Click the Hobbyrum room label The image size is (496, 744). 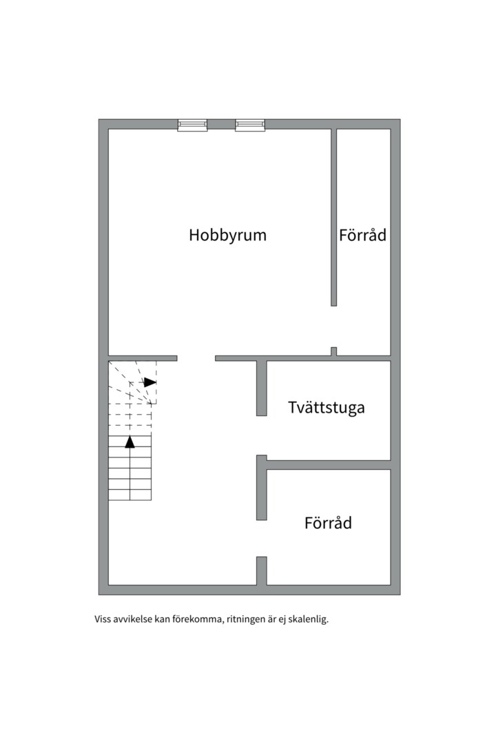coord(227,235)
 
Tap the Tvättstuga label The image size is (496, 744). coord(326,407)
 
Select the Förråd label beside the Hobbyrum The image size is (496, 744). coord(362,235)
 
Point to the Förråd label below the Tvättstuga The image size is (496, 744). coord(328,523)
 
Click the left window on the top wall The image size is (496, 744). coord(192,125)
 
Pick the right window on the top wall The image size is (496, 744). coord(249,125)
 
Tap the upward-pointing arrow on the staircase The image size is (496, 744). coord(130,442)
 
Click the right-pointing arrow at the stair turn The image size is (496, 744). coord(149,382)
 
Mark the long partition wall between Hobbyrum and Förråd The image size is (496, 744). coord(334,217)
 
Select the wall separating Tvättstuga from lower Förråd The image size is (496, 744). coord(328,465)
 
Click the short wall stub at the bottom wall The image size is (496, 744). coord(262,570)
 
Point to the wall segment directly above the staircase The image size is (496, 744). coord(143,358)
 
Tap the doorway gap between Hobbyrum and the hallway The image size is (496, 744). coord(196,358)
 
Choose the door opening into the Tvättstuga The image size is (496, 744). coord(262,435)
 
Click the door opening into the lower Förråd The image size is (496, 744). coord(262,538)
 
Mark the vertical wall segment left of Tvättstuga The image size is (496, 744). coord(262,388)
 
